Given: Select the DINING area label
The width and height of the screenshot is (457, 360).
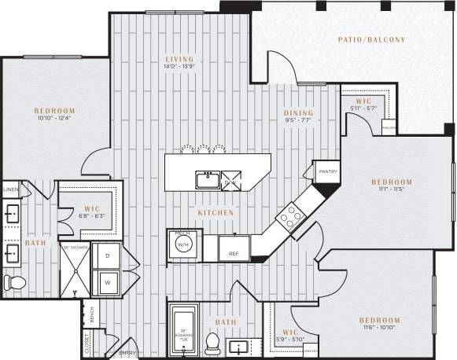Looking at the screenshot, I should pos(298,112).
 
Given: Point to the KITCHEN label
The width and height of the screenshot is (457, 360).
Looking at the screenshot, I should pos(215,212).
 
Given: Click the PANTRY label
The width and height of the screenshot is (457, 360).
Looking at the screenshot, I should pos(328,171).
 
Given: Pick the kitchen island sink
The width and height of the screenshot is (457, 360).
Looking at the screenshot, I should pos(207,180).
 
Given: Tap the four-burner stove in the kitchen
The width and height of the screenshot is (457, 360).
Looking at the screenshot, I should pos(290,215).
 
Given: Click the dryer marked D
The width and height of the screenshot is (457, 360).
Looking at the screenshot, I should pos(107,256).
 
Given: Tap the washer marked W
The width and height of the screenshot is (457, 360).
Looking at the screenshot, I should pos(107,281).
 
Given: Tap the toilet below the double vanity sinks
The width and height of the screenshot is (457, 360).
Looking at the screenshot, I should pos(13,281).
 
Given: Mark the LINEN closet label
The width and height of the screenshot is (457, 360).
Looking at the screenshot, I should pos(10,190).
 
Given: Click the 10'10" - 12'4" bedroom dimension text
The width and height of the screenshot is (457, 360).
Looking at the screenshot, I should pos(54,118).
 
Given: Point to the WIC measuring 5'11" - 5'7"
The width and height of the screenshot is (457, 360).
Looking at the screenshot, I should pos(363,105).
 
